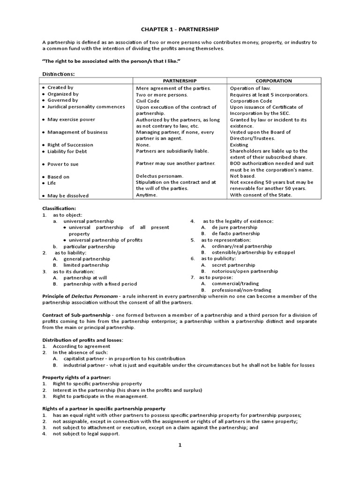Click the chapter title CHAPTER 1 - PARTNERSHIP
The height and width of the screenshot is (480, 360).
point(180,29)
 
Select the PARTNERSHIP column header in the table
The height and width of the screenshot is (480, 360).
point(180,81)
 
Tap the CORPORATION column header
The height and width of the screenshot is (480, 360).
point(273,81)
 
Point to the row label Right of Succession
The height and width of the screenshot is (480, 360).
point(70,145)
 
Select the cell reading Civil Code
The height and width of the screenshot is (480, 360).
point(148,100)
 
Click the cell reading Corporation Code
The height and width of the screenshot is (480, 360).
point(249,100)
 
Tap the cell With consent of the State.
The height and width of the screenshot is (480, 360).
point(261,195)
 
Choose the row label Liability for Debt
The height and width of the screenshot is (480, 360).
point(67,151)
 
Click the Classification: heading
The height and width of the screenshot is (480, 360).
point(59,208)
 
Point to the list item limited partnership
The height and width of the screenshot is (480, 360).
point(86,265)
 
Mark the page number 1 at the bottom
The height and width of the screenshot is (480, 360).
point(180,445)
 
